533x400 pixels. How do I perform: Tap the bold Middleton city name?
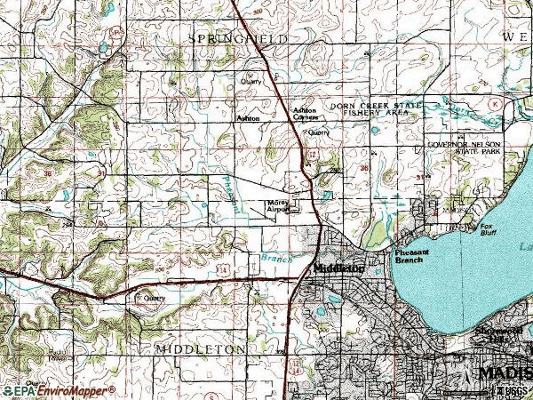tap(338, 268)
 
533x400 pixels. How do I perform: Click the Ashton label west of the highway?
tap(248, 116)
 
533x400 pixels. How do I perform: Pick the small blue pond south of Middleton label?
tap(318, 312)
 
